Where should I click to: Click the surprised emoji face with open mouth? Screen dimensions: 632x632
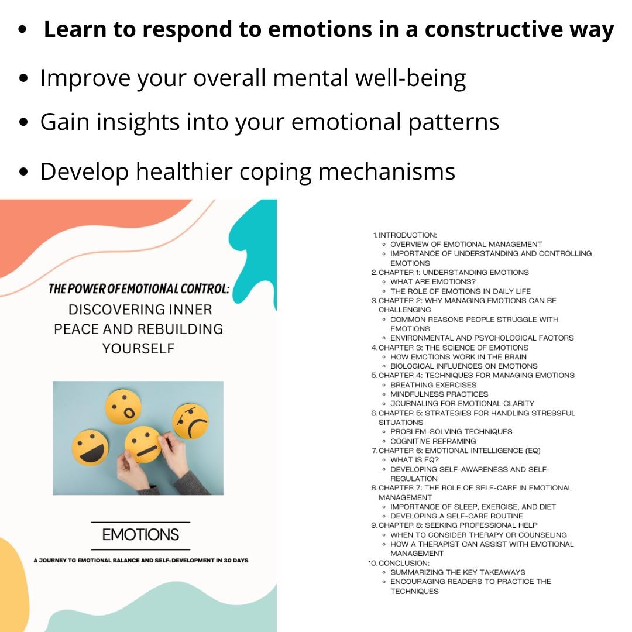tap(123, 407)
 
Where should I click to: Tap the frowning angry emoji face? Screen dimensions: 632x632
tap(191, 421)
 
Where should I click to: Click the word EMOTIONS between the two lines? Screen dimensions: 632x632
tap(140, 535)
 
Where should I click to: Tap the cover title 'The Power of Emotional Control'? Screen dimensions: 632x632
tap(139, 288)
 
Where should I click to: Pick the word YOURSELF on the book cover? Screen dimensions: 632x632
tap(139, 348)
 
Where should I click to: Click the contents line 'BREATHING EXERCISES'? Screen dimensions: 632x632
tap(433, 384)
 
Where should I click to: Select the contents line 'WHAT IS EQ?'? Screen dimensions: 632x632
tap(414, 459)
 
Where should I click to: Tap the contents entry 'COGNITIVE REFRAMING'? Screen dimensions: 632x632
tap(433, 441)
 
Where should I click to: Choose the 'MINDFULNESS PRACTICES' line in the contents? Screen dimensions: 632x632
tap(439, 394)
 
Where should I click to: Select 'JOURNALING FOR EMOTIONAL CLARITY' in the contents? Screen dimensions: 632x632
tap(462, 403)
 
